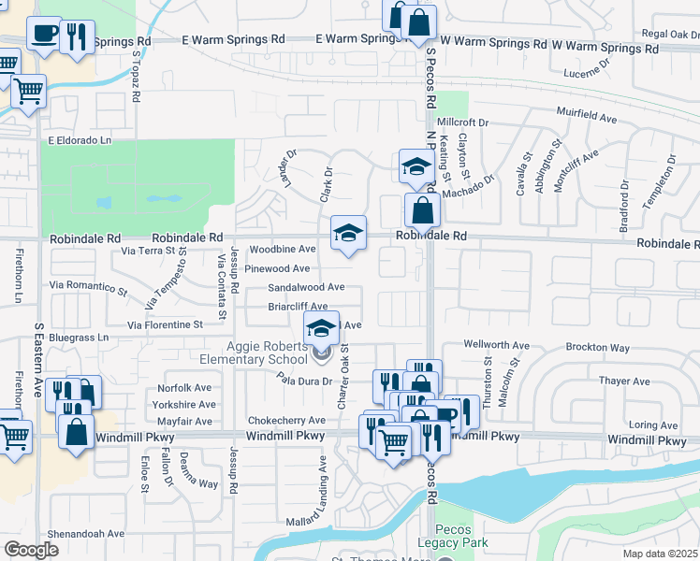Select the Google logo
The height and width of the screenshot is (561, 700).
pyautogui.click(x=31, y=550)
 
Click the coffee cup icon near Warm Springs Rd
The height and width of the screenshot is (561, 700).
pyautogui.click(x=44, y=35)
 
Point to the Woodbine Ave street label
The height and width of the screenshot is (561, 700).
pyautogui.click(x=282, y=249)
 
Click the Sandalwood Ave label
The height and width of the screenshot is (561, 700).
pyautogui.click(x=306, y=288)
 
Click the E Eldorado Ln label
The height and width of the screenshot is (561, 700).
pyautogui.click(x=79, y=140)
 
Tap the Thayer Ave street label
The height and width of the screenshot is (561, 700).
pyautogui.click(x=624, y=381)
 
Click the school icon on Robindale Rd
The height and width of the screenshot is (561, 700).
pyautogui.click(x=348, y=232)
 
